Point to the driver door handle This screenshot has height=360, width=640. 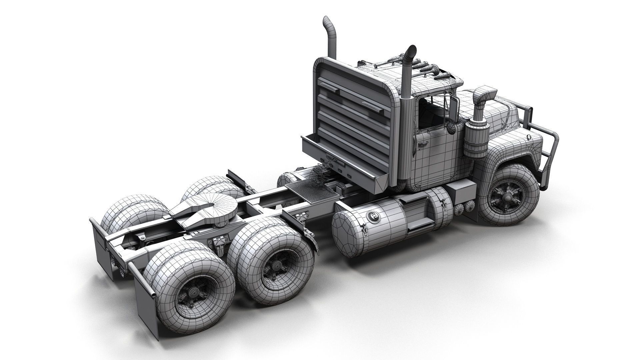(423, 143)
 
